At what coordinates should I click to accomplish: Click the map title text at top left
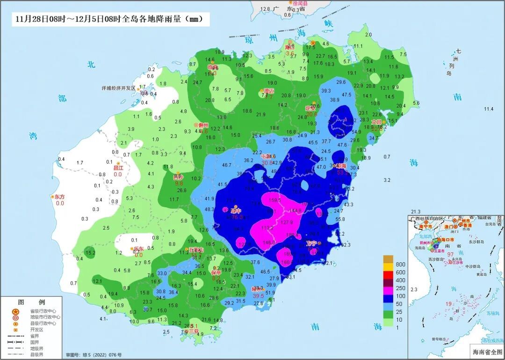coord(109,19)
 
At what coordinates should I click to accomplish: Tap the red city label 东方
coord(59,197)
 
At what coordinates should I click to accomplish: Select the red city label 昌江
coord(118,167)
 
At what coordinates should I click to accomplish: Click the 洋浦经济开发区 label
coord(118,88)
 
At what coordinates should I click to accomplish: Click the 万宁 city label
coord(311,243)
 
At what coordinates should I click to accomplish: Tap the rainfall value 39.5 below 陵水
coord(258,295)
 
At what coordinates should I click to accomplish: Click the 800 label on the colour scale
coord(400,264)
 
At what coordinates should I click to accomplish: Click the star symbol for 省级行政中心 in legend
coord(15,311)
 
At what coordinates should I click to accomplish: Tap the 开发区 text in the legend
coord(37,329)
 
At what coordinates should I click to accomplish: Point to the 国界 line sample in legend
coord(15,341)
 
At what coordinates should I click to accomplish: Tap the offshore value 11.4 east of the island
coord(489,109)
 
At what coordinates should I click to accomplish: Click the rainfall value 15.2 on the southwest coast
coord(90,253)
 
